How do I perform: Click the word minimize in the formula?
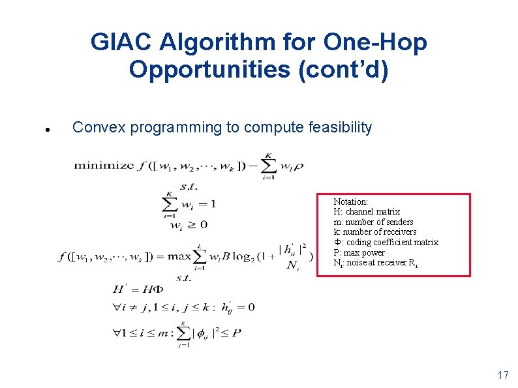pyautogui.click(x=103, y=166)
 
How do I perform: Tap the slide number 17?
pyautogui.click(x=502, y=375)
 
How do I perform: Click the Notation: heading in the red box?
pyautogui.click(x=351, y=202)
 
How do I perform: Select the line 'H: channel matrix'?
pyautogui.click(x=367, y=212)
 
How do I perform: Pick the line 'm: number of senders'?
pyautogui.click(x=373, y=222)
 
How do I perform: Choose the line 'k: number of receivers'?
pyautogui.click(x=375, y=232)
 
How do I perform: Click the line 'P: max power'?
pyautogui.click(x=359, y=252)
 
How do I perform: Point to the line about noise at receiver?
pyautogui.click(x=374, y=263)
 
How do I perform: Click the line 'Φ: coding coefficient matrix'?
pyautogui.click(x=386, y=242)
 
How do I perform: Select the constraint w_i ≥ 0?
pyautogui.click(x=189, y=224)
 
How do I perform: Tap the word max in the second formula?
pyautogui.click(x=178, y=256)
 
